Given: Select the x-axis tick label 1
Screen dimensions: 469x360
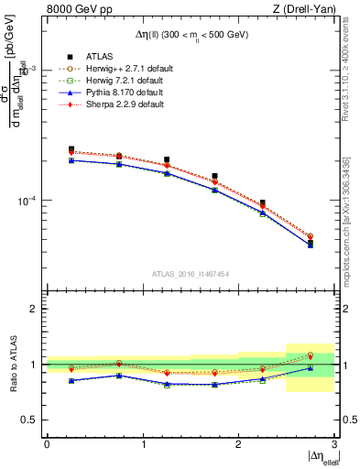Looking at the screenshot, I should [x=143, y=443].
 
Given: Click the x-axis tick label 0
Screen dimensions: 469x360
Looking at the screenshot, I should [x=47, y=443].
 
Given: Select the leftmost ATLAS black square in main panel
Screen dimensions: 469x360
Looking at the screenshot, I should [x=71, y=149].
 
